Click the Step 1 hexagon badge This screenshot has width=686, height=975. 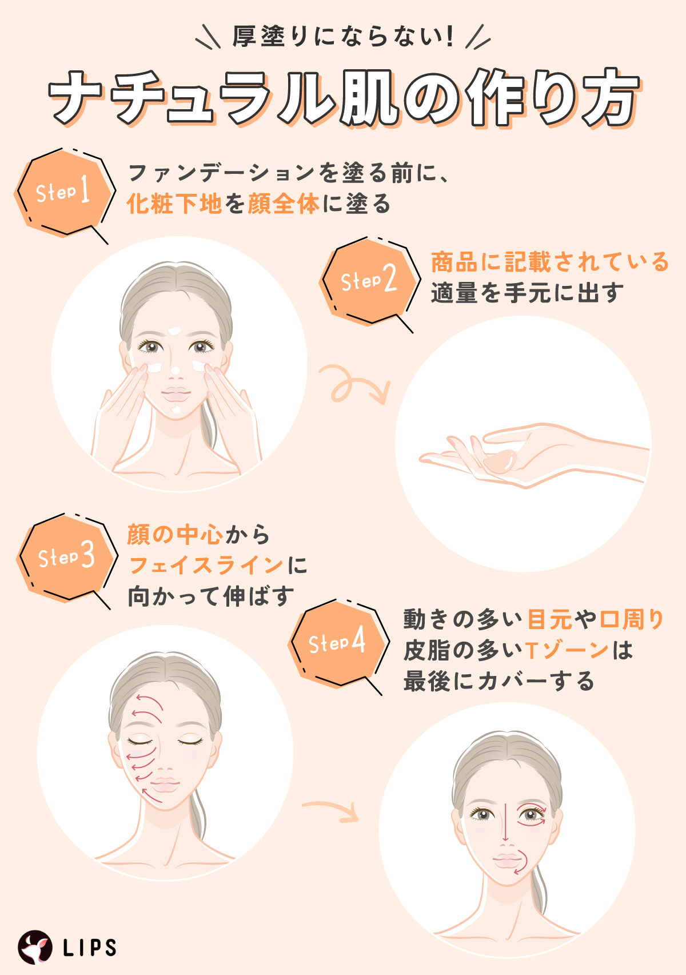(64, 192)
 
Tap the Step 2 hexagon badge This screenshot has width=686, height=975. (369, 280)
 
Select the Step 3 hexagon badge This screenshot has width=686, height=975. (66, 556)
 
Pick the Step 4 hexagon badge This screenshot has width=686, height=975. (337, 642)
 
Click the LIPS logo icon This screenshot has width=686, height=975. (35, 947)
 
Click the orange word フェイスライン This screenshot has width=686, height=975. (206, 566)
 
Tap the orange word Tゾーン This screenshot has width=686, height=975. (566, 650)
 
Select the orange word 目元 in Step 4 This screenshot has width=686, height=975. (549, 619)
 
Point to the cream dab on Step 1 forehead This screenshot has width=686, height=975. (175, 331)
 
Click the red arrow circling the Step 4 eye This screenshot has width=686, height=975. (532, 815)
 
